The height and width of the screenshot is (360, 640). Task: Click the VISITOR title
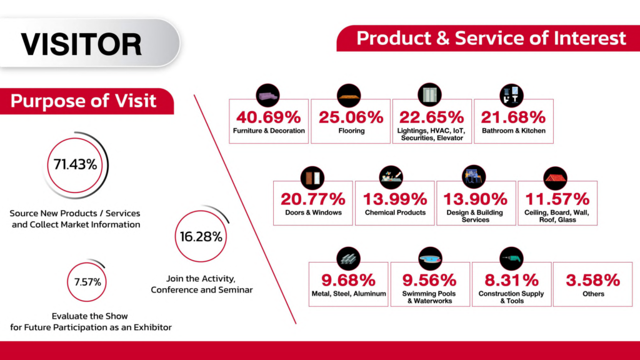coord(81,44)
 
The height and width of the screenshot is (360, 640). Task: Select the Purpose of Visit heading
coord(83,101)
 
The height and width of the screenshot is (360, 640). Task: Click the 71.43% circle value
coord(74,165)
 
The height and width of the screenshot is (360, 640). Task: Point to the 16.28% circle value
coord(201,237)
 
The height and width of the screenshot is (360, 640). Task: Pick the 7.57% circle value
coord(87,281)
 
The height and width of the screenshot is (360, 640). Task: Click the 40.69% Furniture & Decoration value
coord(269,117)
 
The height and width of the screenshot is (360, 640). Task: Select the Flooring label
coord(351,131)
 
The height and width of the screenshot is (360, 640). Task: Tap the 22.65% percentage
coord(432,117)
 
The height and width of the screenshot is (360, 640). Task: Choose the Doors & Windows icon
coord(312,177)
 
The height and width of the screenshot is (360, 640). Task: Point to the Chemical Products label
coord(395,212)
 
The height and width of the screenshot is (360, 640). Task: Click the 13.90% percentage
coord(476,199)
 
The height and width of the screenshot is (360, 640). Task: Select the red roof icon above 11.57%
coord(556,177)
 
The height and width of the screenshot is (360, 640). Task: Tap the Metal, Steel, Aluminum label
coord(348,294)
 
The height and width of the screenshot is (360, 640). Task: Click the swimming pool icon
coord(430,258)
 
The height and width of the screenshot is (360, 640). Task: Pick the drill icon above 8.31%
coord(512,258)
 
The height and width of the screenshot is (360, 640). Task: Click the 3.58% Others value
coord(592,281)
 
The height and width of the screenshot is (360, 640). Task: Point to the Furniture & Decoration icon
coord(268,95)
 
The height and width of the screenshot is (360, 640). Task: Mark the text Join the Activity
coord(201,278)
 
